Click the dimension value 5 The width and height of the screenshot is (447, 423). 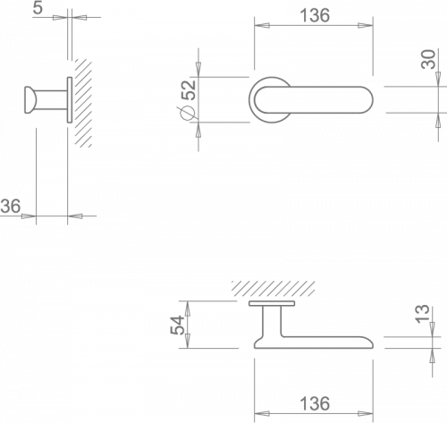pos(38,8)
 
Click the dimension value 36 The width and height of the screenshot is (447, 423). pos(11,206)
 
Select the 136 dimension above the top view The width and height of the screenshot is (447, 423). pos(315,15)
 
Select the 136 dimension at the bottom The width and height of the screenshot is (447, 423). pos(315,403)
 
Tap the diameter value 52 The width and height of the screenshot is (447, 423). pos(189,90)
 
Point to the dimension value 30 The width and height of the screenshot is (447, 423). pos(428,59)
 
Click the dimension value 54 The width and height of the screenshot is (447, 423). pos(177,326)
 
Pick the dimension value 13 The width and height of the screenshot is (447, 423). pos(423,314)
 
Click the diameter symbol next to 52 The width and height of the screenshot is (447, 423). pos(187,114)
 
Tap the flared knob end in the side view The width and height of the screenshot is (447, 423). pos(30,100)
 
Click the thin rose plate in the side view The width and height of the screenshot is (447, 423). pos(70,100)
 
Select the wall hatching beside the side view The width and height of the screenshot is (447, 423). pos(83,103)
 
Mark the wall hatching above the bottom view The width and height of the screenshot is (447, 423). pos(274,289)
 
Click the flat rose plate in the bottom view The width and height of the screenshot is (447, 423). pos(272,303)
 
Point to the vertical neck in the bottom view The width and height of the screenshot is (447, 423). pos(272,322)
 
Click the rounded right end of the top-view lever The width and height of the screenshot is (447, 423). pos(367,100)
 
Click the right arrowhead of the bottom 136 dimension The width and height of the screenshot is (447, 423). pos(366,413)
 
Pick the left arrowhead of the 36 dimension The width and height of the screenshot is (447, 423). pos(29,216)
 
